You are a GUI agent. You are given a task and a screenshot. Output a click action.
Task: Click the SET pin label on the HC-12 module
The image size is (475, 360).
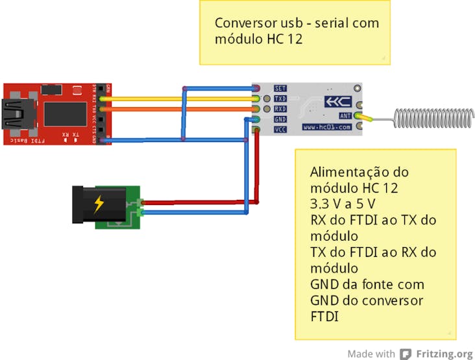point(280,88)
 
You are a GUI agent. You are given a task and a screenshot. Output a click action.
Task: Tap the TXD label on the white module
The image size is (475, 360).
point(280,99)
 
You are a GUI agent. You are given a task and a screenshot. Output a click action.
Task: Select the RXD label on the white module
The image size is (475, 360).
point(280,109)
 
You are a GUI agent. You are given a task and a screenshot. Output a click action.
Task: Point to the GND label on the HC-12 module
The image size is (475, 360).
point(280,119)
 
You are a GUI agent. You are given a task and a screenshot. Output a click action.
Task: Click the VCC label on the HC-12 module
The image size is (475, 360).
point(280,130)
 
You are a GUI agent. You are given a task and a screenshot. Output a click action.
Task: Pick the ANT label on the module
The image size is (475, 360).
point(345,115)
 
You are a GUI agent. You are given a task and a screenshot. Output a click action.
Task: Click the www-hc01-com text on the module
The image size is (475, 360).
point(326,128)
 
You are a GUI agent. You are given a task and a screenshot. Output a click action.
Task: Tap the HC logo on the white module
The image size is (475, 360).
point(337,102)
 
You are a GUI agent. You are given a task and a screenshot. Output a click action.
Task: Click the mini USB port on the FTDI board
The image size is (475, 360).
point(13,113)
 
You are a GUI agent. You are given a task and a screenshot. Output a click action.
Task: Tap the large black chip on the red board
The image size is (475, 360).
point(64,113)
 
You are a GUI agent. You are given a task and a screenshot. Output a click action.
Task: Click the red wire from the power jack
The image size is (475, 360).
point(195,202)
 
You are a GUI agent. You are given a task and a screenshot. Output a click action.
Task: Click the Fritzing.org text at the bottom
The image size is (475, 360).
point(445,354)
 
